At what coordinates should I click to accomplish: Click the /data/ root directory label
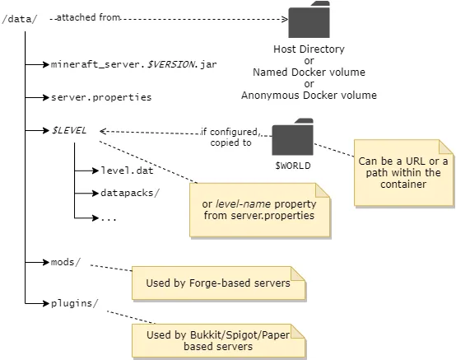coord(20,19)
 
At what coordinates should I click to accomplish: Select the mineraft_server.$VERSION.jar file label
coord(134,64)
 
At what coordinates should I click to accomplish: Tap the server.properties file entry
coord(101,97)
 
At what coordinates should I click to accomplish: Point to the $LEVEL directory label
coord(69,130)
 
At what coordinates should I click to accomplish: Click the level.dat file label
coord(127,171)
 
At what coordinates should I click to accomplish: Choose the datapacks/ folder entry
coord(130,193)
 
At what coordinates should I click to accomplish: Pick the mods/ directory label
coord(66,262)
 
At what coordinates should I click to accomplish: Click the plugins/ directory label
coord(75,303)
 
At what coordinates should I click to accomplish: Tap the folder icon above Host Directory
coord(309,20)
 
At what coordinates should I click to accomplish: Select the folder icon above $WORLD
coord(292,137)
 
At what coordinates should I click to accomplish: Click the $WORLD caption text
coord(293,166)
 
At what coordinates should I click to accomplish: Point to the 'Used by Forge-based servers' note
coord(219,283)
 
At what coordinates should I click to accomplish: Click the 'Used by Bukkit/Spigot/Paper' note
coord(219,340)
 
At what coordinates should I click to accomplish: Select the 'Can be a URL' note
coord(403,172)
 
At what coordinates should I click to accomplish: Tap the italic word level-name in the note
coord(243,204)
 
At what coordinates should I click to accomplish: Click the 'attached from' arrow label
coord(88,17)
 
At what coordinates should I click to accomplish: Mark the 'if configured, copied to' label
coord(230,137)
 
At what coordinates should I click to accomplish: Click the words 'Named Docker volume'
coord(309,72)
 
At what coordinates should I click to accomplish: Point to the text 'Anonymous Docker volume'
coord(309,96)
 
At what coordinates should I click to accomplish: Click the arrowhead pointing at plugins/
coord(45,303)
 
